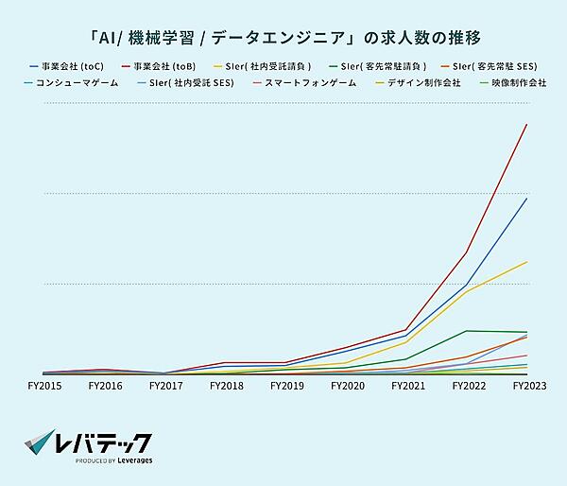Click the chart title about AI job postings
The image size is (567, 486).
click(283, 39)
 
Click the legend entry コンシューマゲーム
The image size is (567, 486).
click(75, 83)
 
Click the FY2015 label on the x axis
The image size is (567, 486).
click(44, 386)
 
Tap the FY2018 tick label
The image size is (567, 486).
click(227, 386)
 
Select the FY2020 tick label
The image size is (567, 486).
click(349, 386)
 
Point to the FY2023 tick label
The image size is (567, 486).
click(528, 386)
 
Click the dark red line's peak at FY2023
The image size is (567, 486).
click(526, 125)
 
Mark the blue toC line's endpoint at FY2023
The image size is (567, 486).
click(526, 199)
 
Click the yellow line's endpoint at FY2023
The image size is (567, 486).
click(526, 262)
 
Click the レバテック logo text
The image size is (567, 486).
click(104, 442)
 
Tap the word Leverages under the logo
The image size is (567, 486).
click(132, 461)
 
